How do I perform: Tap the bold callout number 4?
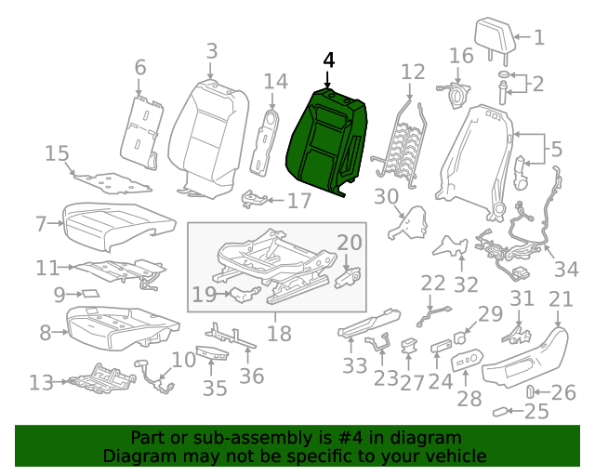click(x=327, y=59)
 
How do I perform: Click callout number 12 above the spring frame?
click(x=412, y=72)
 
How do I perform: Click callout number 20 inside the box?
click(x=349, y=244)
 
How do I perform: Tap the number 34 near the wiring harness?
click(x=566, y=270)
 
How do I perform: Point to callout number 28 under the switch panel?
click(x=469, y=398)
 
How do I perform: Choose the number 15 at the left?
click(x=57, y=153)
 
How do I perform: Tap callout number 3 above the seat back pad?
click(x=211, y=51)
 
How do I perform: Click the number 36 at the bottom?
click(x=252, y=375)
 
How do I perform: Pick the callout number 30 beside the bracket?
click(x=385, y=196)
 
